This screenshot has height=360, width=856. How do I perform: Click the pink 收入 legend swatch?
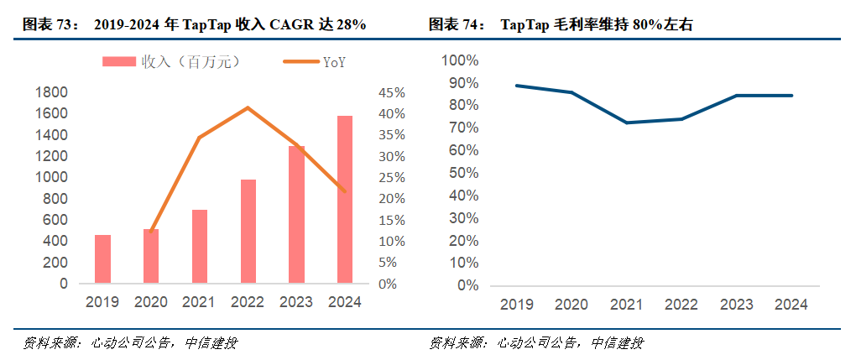point(118,61)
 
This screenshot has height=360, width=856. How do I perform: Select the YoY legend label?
point(334,61)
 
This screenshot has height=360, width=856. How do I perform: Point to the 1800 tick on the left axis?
point(52,92)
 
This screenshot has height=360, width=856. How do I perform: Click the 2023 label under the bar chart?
point(296,302)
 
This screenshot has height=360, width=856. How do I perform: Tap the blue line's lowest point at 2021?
point(626,123)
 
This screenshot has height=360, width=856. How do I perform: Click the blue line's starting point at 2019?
point(516,86)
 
